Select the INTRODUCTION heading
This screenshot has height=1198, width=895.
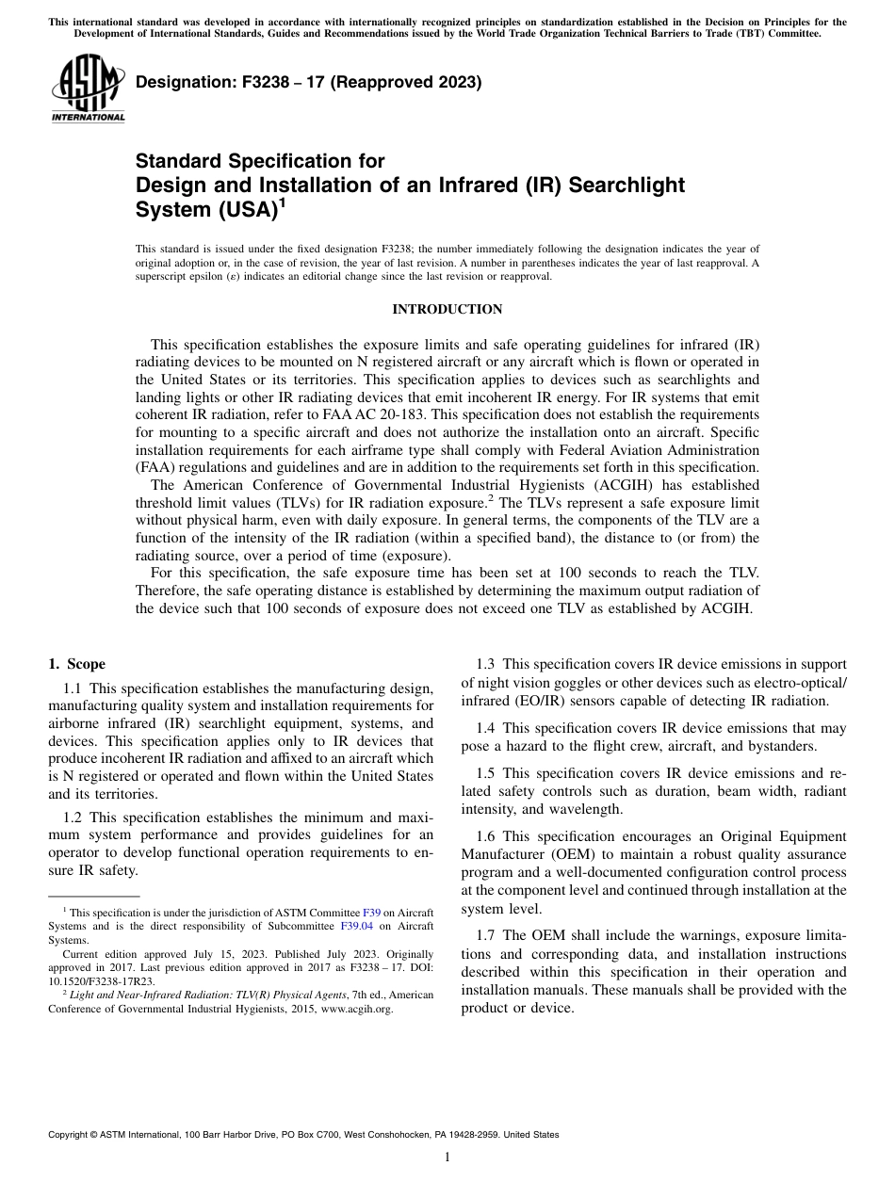(x=447, y=309)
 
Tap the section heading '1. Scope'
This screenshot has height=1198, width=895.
(x=77, y=664)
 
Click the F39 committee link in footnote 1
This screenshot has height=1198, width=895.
(x=370, y=913)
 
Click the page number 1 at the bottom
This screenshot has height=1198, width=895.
(x=447, y=1158)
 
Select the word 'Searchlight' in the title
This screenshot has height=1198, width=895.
(x=626, y=185)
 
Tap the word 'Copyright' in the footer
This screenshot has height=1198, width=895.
(x=72, y=1135)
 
